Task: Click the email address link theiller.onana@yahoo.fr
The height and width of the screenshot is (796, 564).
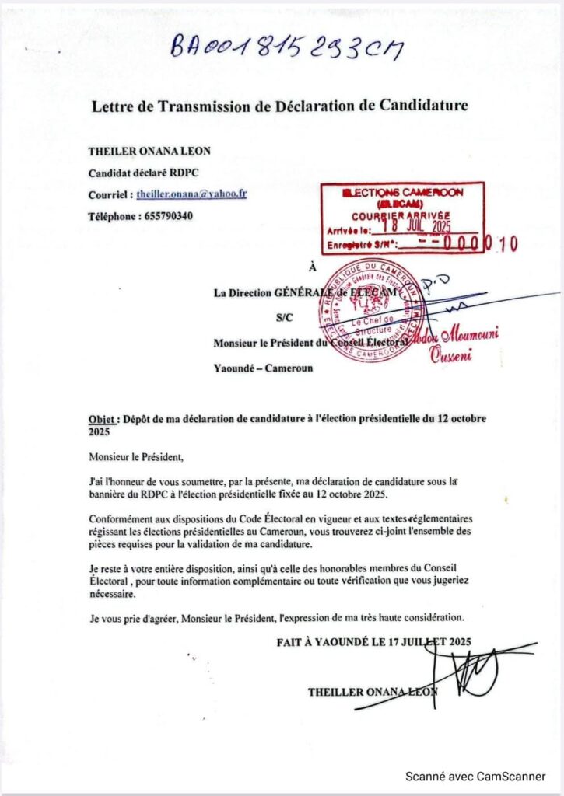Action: (x=191, y=194)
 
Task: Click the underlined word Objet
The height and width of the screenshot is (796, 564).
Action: (x=102, y=418)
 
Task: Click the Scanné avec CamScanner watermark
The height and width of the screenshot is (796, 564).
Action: (x=474, y=777)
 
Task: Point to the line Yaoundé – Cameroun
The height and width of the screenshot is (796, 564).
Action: (x=263, y=368)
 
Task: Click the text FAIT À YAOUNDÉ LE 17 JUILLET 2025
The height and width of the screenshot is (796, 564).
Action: (x=373, y=642)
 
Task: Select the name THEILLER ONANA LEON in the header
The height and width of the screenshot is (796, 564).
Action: (x=149, y=151)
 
